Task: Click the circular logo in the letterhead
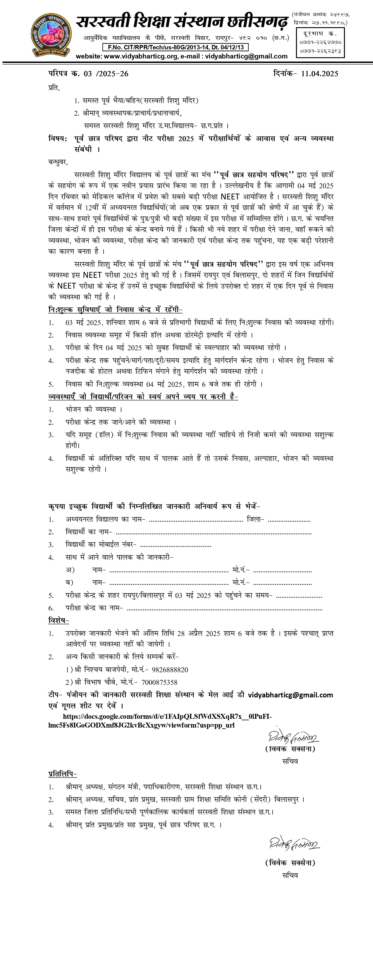[x=51, y=35]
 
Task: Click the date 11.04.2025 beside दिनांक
[x=319, y=74]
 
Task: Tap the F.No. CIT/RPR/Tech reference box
[x=176, y=47]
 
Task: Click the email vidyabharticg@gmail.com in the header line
[x=246, y=56]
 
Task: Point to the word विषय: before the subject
[x=58, y=139]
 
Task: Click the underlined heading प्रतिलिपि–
[x=63, y=774]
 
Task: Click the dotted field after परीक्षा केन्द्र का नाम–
[x=225, y=608]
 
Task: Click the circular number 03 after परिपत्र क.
[x=88, y=74]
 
